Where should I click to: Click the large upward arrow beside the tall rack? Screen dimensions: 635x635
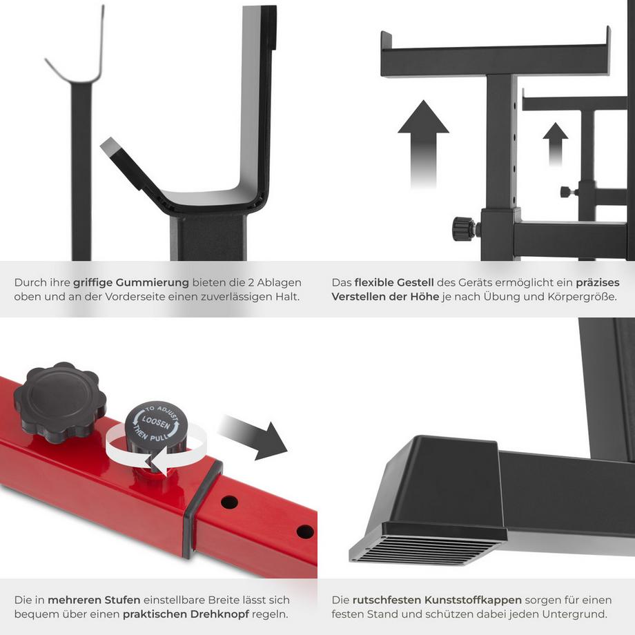(x=423, y=138)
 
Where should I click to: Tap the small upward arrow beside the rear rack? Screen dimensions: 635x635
(x=555, y=141)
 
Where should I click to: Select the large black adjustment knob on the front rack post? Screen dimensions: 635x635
(x=465, y=228)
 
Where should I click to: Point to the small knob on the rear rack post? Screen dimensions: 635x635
(x=567, y=192)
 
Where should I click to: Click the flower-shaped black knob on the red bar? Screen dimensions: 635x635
(x=59, y=401)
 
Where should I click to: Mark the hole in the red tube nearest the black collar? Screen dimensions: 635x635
(x=229, y=502)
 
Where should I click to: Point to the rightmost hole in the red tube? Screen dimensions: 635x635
(x=304, y=531)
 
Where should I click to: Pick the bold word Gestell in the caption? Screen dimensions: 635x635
(x=413, y=283)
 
